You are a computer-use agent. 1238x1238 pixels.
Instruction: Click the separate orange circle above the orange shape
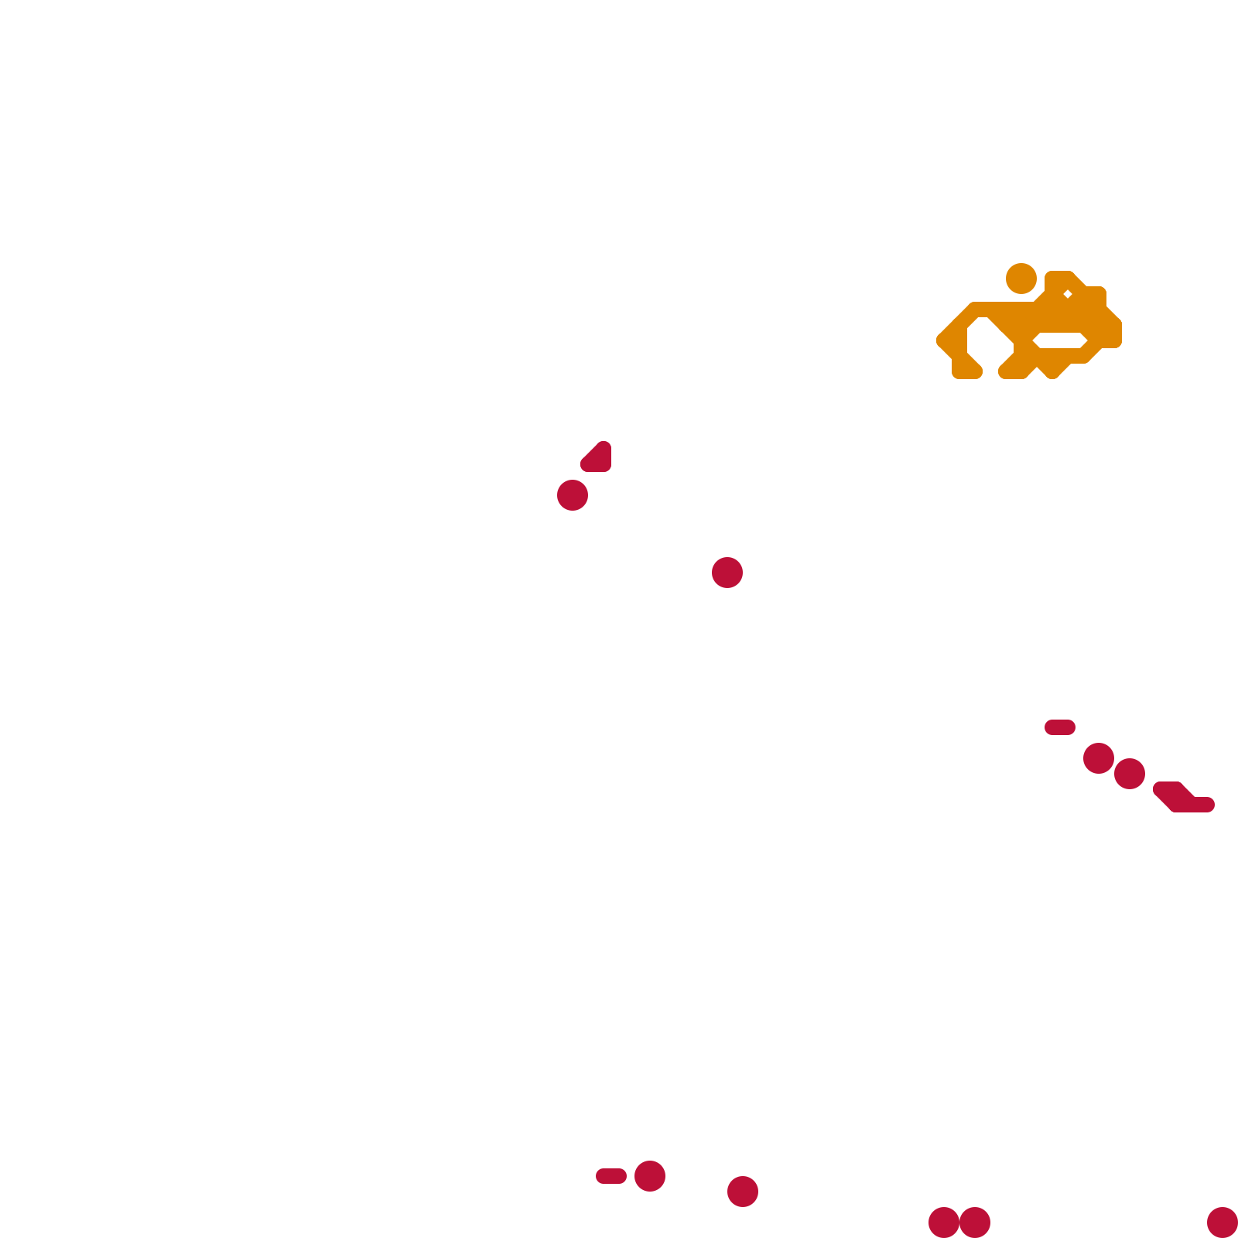click(1021, 279)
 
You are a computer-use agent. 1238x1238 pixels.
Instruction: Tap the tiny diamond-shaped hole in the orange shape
click(1068, 294)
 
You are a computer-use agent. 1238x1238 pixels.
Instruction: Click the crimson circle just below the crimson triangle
click(573, 495)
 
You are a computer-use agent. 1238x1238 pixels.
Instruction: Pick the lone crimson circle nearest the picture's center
click(727, 573)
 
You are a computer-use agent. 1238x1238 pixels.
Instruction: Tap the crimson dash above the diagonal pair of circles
click(1060, 727)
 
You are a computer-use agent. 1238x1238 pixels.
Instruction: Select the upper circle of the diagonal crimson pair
click(1099, 758)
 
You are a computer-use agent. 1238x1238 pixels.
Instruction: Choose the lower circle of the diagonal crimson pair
click(1130, 774)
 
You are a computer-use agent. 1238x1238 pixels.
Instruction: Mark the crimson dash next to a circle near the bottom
click(611, 1176)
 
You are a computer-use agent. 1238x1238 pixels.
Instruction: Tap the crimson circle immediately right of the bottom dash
click(650, 1176)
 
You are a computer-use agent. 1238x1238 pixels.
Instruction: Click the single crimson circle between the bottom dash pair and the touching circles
click(743, 1192)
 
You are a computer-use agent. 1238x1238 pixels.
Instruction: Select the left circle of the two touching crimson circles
click(944, 1223)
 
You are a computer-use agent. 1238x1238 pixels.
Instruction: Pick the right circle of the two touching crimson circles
click(975, 1223)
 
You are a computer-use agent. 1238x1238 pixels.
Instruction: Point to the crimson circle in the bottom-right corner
click(1223, 1223)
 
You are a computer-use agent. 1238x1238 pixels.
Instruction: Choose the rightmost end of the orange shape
click(1116, 333)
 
